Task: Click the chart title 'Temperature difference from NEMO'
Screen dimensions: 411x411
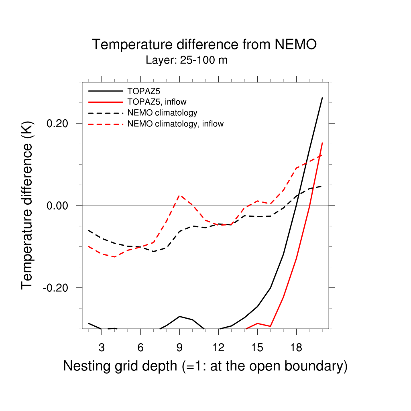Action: tap(204, 45)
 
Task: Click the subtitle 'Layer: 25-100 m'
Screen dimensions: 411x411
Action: tap(187, 61)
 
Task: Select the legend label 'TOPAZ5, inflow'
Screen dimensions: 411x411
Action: tap(157, 102)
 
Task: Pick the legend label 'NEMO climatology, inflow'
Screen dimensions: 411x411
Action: tap(175, 124)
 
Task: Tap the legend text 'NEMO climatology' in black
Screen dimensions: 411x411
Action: tap(162, 113)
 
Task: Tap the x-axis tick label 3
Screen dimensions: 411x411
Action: tap(102, 347)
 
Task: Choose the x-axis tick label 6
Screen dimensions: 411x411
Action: tap(140, 347)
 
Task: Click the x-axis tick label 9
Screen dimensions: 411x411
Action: tap(179, 347)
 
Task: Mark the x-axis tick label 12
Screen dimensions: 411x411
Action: tap(218, 347)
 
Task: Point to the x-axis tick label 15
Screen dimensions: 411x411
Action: tap(257, 347)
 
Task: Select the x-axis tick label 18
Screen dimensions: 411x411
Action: tap(296, 347)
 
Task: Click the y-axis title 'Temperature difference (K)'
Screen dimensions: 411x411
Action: tap(27, 205)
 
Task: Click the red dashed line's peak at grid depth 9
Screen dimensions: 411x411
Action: tap(179, 195)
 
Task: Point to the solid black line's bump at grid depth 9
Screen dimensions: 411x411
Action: tap(179, 317)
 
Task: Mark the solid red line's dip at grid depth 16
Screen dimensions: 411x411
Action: tap(271, 326)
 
